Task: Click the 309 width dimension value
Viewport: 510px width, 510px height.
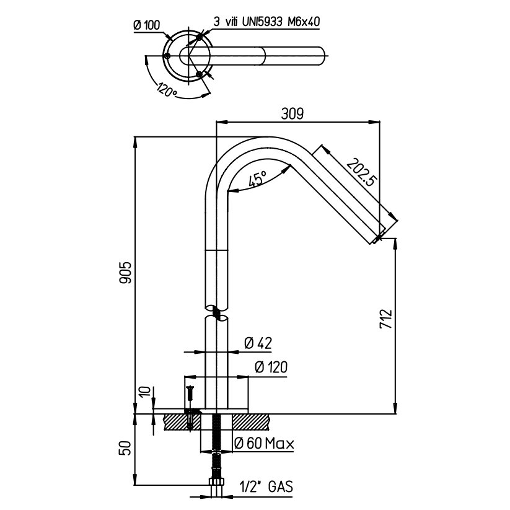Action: click(292, 113)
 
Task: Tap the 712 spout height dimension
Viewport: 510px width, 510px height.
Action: click(385, 320)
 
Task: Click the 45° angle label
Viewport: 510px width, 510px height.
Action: click(257, 180)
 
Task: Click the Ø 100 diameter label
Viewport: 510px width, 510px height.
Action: click(147, 25)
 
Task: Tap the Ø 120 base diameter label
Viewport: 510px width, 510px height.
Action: click(270, 367)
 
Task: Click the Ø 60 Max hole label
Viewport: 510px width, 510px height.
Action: click(264, 443)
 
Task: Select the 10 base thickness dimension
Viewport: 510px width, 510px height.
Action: click(142, 392)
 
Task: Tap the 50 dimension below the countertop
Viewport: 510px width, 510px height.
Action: click(125, 447)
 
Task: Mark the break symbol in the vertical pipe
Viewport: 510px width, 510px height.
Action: click(217, 312)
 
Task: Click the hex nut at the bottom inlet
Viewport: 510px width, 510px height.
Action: click(217, 483)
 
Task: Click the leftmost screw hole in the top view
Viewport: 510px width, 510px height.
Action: click(168, 57)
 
